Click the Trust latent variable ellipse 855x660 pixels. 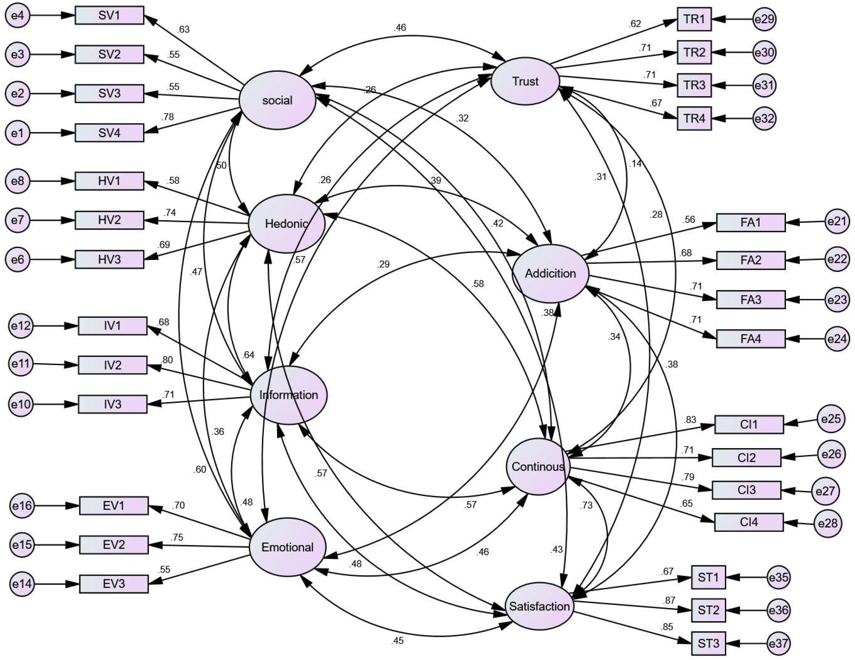525,81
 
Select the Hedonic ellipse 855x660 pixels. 287,224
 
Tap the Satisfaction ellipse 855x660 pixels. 539,606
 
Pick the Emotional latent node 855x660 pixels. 287,547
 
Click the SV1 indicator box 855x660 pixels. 109,15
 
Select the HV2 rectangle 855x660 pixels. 109,220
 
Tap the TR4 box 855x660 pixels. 694,118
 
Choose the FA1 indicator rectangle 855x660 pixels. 751,222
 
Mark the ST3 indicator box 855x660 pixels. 708,643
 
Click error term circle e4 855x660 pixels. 18,16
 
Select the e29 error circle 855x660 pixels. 764,19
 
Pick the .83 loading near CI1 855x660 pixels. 690,420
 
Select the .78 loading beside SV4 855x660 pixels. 167,117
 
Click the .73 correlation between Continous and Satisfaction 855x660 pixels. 586,505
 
